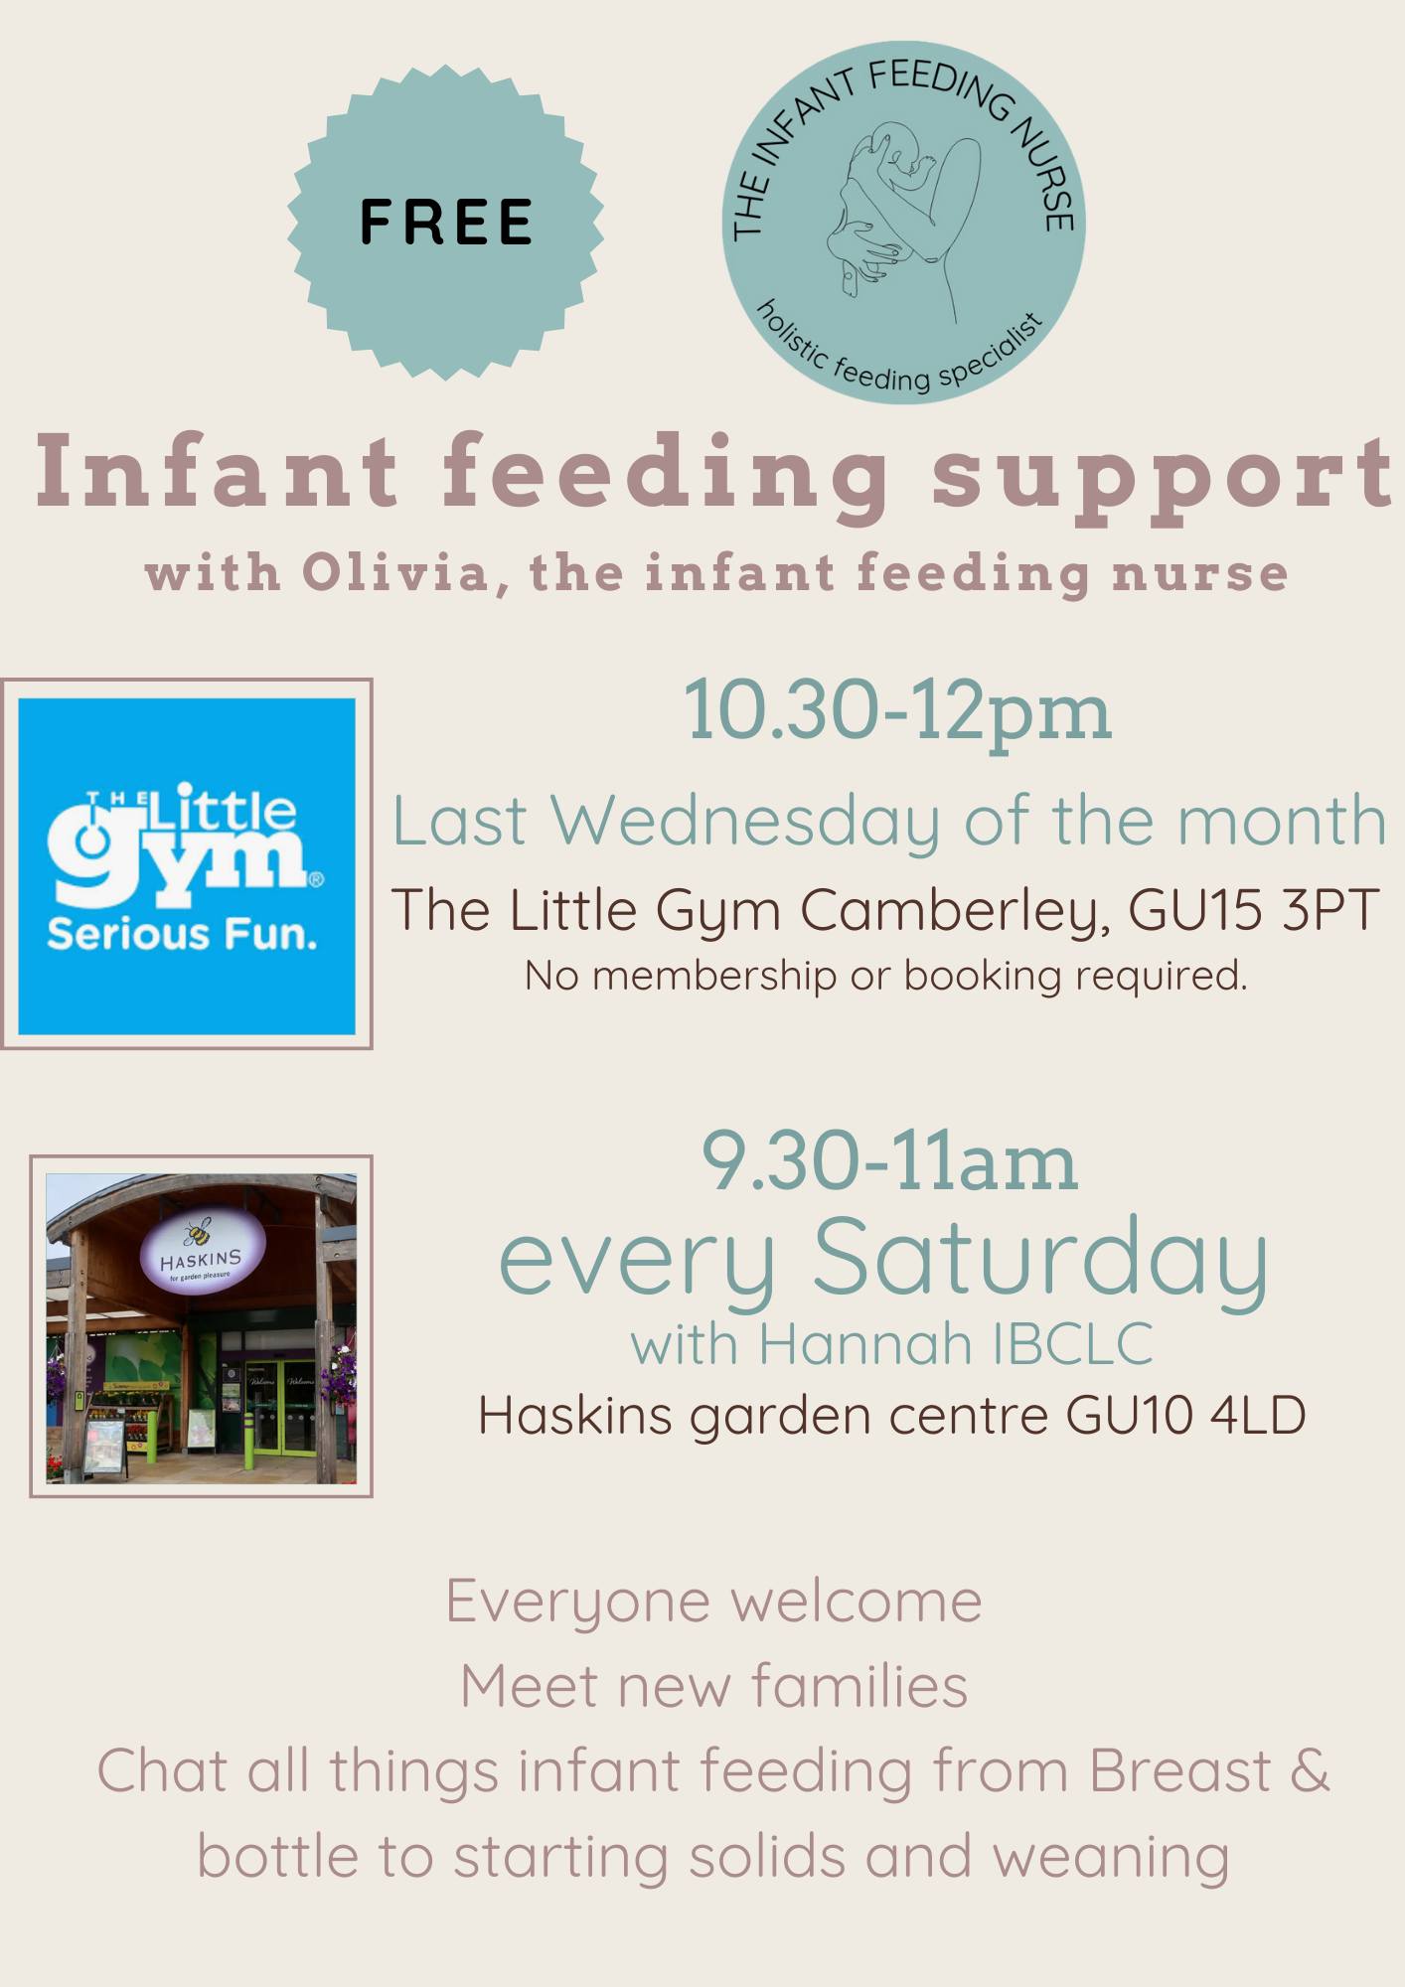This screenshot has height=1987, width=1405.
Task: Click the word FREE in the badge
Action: [446, 222]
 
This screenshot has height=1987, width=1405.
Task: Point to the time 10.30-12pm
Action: [897, 711]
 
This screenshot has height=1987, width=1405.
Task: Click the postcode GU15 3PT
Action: [1254, 909]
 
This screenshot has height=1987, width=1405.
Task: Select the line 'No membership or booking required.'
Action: [885, 976]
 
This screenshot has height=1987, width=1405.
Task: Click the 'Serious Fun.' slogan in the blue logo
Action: [182, 935]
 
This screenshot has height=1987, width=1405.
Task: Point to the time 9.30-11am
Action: [889, 1162]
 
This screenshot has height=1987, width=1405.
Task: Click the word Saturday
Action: [1040, 1258]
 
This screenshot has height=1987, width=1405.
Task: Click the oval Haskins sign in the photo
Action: [202, 1254]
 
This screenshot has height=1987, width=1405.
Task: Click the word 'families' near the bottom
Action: [859, 1686]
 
